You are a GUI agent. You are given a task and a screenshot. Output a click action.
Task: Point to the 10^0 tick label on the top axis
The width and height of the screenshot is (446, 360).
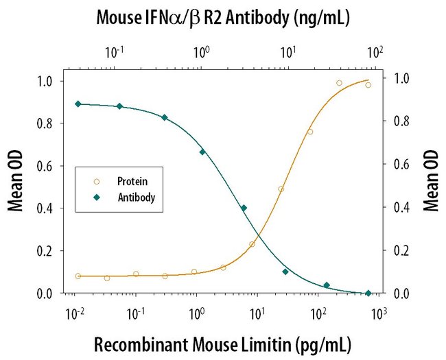click(x=201, y=52)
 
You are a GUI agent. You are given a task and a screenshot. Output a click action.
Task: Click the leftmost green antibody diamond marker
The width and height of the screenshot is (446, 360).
click(x=78, y=104)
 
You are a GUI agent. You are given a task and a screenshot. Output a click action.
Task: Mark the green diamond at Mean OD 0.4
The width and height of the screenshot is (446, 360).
click(x=244, y=208)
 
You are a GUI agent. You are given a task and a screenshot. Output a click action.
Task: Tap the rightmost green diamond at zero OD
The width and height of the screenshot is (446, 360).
click(x=368, y=293)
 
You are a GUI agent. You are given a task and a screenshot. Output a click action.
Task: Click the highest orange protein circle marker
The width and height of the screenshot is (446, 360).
click(x=339, y=83)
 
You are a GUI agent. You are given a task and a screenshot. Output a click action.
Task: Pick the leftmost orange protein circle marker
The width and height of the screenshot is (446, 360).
click(x=78, y=276)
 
